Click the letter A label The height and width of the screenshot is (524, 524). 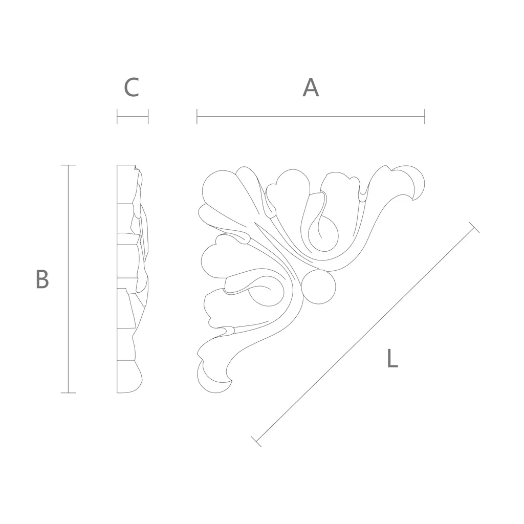(311, 88)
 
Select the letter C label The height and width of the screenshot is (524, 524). (132, 88)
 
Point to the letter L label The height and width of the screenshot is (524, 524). (392, 358)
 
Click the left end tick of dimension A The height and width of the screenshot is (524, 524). (197, 116)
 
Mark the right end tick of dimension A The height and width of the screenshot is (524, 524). (424, 116)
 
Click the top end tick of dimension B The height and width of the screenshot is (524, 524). (68, 165)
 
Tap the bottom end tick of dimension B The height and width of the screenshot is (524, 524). (68, 392)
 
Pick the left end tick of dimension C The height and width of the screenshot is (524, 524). (117, 116)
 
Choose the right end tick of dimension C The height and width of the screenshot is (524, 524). (148, 116)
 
